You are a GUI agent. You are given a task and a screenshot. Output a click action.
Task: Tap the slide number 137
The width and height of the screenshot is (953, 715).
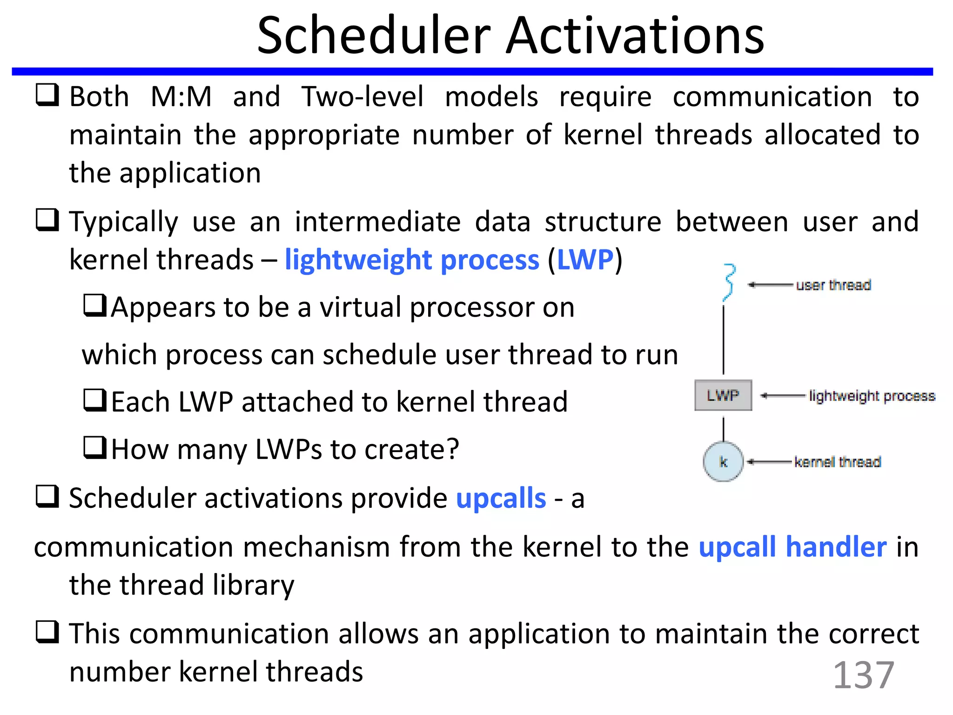pyautogui.click(x=863, y=675)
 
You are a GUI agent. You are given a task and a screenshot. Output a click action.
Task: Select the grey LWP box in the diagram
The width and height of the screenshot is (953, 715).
pyautogui.click(x=723, y=396)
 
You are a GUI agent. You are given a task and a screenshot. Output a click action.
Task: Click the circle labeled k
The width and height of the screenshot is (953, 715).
pyautogui.click(x=723, y=462)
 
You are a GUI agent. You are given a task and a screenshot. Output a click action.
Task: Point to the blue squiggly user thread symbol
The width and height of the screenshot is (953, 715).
pyautogui.click(x=729, y=282)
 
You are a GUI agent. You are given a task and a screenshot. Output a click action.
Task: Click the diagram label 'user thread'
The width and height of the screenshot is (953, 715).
pyautogui.click(x=833, y=285)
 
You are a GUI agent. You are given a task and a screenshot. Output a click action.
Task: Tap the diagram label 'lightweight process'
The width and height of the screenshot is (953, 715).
pyautogui.click(x=872, y=396)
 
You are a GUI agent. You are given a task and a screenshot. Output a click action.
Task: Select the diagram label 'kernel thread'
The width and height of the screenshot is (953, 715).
pyautogui.click(x=837, y=462)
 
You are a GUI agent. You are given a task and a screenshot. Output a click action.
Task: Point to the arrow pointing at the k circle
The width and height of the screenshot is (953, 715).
pyautogui.click(x=769, y=462)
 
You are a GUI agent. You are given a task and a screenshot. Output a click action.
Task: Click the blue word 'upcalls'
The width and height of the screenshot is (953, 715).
pyautogui.click(x=501, y=499)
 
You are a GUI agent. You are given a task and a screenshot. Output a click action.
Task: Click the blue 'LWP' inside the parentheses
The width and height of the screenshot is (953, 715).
pyautogui.click(x=585, y=260)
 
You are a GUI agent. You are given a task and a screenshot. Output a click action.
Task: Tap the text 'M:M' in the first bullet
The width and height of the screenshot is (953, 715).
pyautogui.click(x=181, y=97)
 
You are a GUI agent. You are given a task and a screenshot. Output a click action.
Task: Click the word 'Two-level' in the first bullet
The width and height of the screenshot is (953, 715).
pyautogui.click(x=362, y=97)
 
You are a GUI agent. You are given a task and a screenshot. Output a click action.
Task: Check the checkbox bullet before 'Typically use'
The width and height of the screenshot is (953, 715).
pyautogui.click(x=47, y=220)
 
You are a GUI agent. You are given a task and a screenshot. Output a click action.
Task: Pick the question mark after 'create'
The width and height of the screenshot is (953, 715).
pyautogui.click(x=452, y=449)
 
